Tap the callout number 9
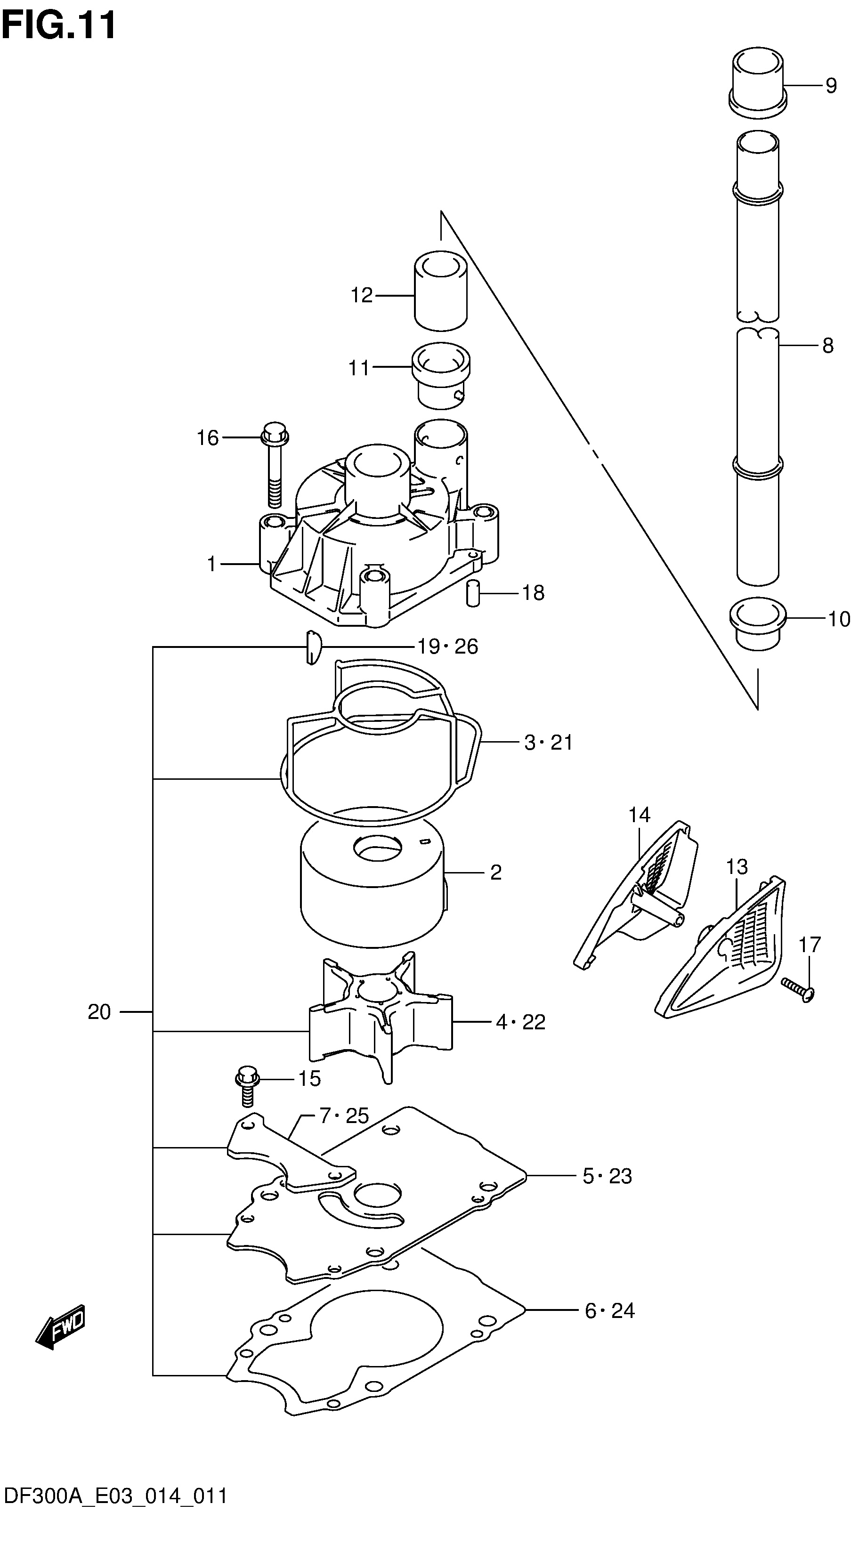(x=831, y=86)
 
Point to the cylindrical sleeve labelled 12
(x=440, y=291)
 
